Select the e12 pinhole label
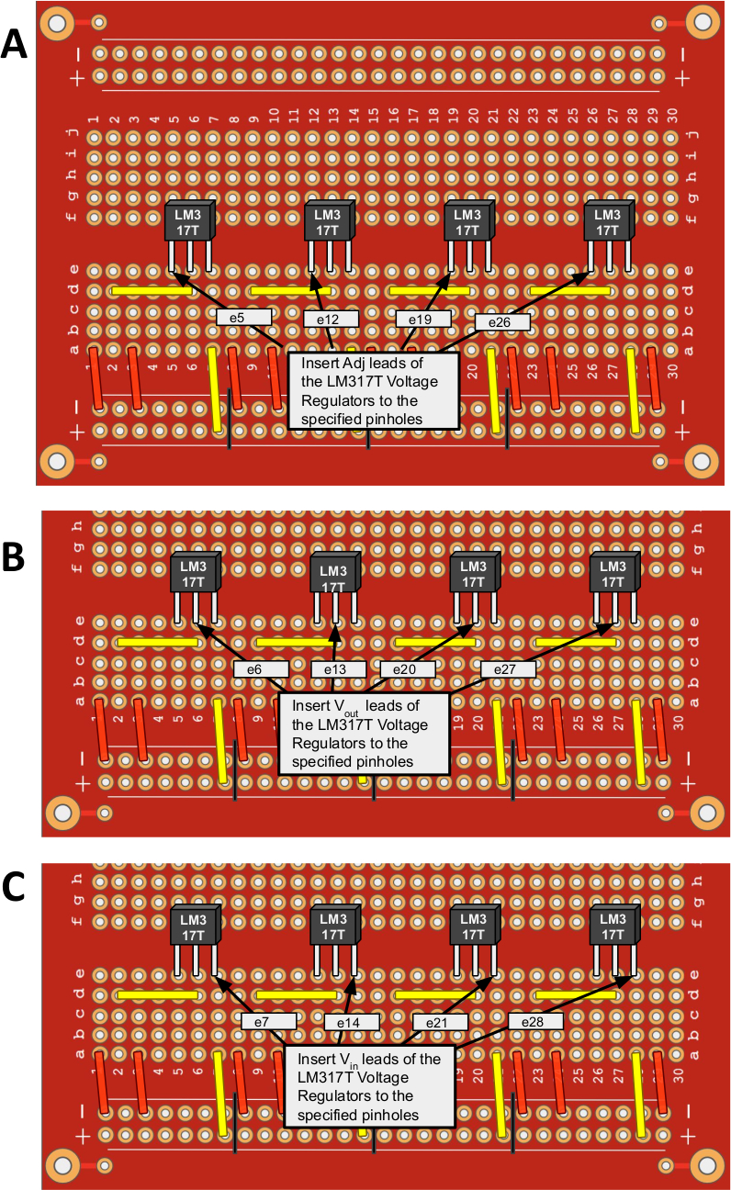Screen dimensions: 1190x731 coord(328,320)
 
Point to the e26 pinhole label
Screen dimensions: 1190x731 coord(501,322)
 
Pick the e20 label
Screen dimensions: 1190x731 coord(406,669)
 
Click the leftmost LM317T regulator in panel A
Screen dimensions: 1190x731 coord(189,222)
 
